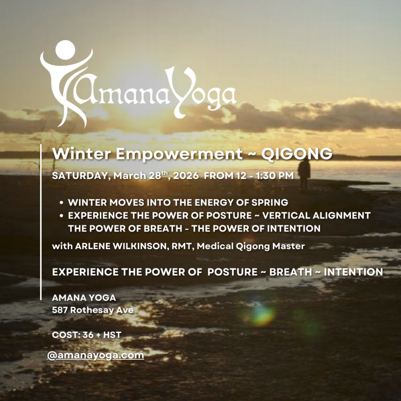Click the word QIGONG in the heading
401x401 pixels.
point(297,154)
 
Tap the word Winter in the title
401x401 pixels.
point(81,154)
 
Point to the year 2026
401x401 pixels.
point(186,176)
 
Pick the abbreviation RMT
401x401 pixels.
point(182,246)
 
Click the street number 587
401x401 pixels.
point(60,310)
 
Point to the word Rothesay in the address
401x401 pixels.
point(92,311)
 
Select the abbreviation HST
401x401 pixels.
point(112,335)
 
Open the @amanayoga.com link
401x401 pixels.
point(96,355)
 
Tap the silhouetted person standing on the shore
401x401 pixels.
point(304,173)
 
